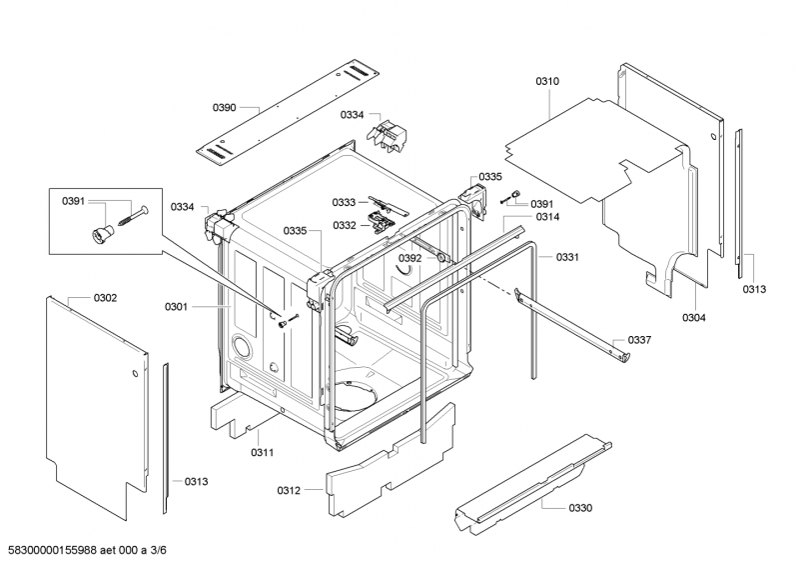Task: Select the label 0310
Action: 548,81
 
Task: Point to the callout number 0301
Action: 176,307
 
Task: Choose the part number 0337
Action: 640,340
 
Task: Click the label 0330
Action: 580,508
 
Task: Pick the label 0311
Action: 263,452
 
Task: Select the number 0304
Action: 694,318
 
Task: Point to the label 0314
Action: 547,217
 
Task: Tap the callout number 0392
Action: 410,258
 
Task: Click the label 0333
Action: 345,201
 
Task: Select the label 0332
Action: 345,225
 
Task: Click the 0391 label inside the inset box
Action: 74,202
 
